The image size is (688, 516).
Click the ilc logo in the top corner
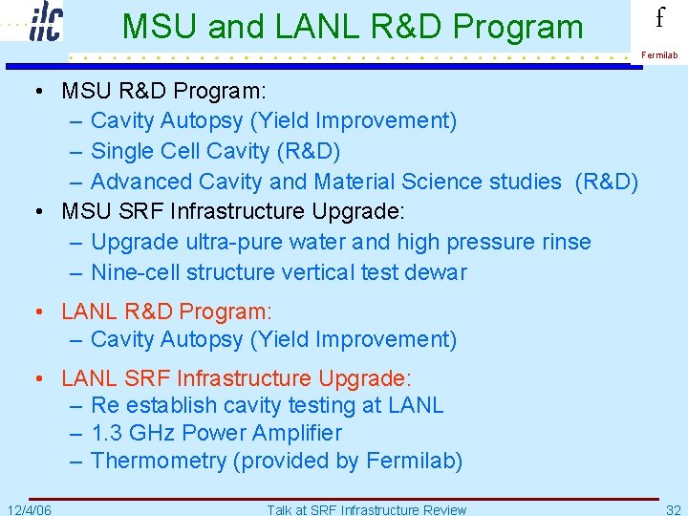pos(45,21)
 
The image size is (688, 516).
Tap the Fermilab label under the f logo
pos(659,55)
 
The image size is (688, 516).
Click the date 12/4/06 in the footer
pos(30,509)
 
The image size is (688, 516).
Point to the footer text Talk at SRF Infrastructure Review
pos(366,509)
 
